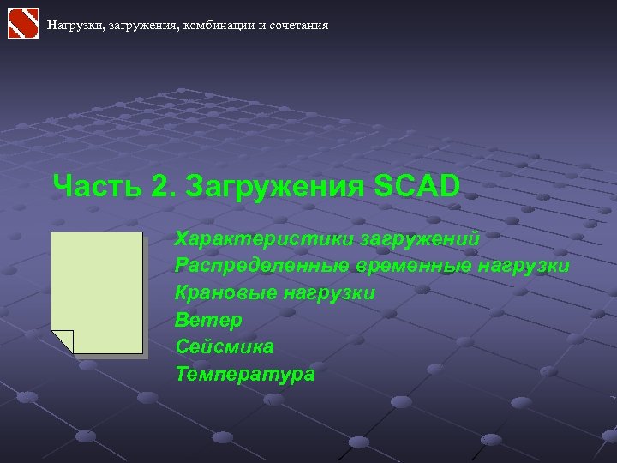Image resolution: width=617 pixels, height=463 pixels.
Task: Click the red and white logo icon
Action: (23, 22)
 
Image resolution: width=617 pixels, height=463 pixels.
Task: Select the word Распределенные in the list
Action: (261, 265)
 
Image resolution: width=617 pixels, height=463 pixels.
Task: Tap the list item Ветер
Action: (208, 320)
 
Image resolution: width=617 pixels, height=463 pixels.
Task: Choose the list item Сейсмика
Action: (225, 347)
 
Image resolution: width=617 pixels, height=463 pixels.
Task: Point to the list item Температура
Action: (245, 375)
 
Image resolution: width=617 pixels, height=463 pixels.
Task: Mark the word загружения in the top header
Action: (146, 26)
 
